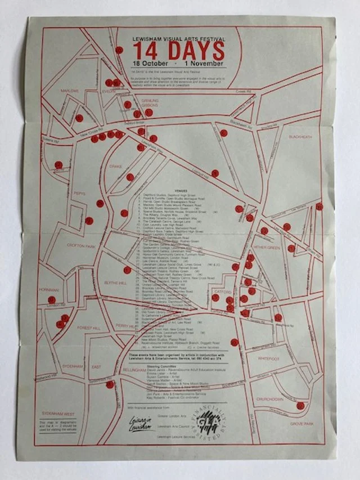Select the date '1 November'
[x=205, y=63]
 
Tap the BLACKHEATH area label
[x=300, y=137]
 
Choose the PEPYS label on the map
[x=80, y=194]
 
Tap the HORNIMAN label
[x=49, y=288]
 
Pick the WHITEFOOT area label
[x=269, y=358]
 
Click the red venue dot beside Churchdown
[x=300, y=405]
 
